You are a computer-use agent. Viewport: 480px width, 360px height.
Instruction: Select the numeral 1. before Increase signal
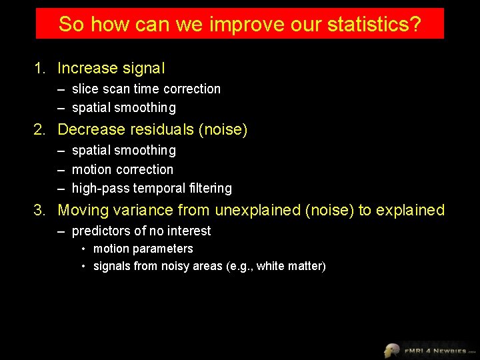coord(41,68)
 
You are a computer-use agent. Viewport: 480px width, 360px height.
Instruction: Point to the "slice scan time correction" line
coord(146,89)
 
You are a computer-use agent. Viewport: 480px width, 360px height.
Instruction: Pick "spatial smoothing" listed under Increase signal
coord(123,107)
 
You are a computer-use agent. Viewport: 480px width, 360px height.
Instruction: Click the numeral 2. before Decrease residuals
coord(41,129)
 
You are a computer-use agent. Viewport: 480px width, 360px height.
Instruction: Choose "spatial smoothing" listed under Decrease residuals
coord(123,151)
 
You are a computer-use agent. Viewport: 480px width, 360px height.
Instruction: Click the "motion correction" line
coord(122,169)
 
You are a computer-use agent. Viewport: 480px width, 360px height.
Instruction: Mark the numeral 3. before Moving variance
coord(41,210)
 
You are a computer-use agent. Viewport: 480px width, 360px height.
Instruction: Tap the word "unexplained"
coord(257,210)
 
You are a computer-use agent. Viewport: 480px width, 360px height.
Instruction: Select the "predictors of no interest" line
coord(141,231)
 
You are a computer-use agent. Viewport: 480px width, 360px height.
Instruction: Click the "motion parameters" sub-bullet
coord(143,249)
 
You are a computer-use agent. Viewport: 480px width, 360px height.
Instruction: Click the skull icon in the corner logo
coord(392,349)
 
